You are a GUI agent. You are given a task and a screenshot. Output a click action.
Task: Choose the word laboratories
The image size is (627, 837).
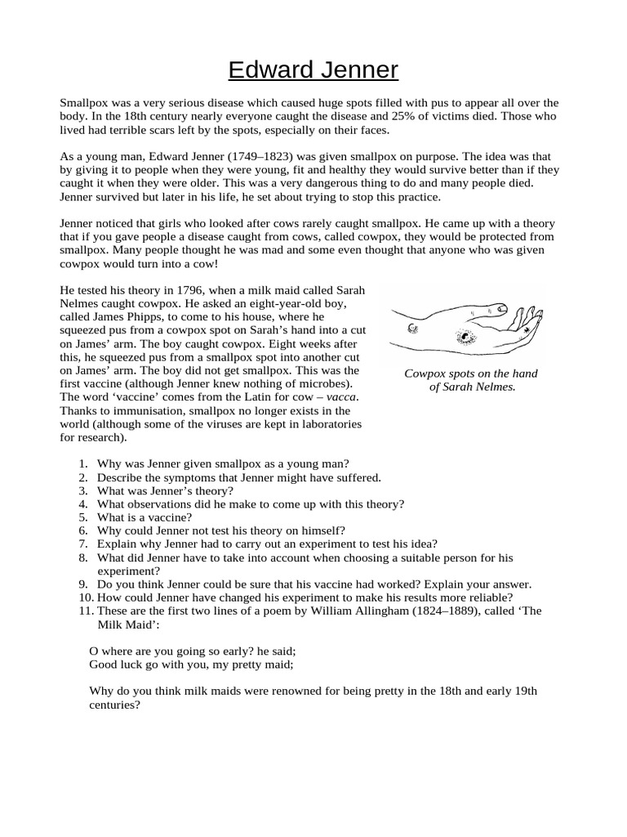click(327, 423)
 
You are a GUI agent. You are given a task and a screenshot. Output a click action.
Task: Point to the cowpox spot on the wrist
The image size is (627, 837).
click(413, 328)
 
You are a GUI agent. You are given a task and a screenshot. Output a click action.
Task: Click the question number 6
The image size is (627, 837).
click(82, 530)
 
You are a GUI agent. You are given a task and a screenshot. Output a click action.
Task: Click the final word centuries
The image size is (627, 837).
click(114, 704)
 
